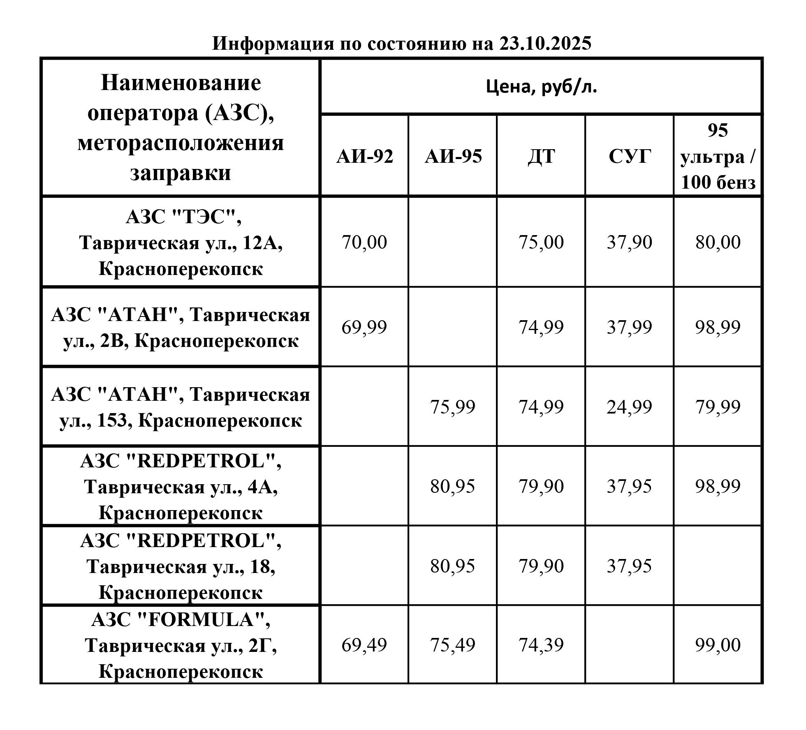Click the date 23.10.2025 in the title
click(545, 43)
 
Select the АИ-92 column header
click(364, 157)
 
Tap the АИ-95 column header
click(453, 157)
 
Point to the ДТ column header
click(541, 157)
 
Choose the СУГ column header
click(630, 157)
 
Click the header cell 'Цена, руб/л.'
click(541, 87)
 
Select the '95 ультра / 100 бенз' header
click(718, 157)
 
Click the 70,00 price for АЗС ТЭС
click(364, 242)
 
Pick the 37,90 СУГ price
click(630, 242)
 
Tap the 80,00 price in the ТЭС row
click(718, 242)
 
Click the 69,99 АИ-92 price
click(364, 327)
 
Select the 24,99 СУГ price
click(630, 407)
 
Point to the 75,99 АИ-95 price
click(453, 407)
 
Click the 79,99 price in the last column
click(718, 407)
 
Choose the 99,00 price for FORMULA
click(718, 645)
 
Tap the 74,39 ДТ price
click(541, 645)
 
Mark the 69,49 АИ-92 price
click(364, 645)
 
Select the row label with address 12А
click(181, 243)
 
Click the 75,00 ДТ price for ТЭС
click(541, 242)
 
